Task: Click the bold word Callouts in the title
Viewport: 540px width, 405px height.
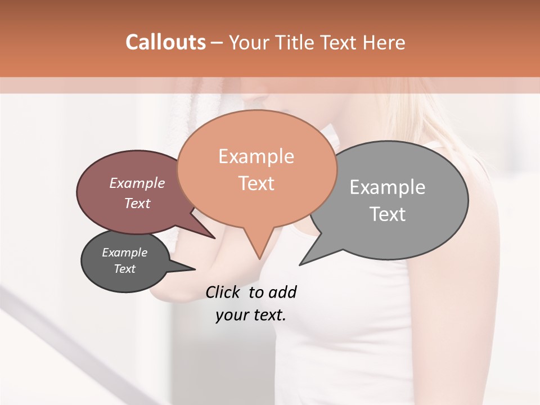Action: pos(165,42)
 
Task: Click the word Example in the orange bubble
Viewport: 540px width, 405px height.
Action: pos(256,156)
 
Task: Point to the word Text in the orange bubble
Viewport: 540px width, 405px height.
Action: pos(256,183)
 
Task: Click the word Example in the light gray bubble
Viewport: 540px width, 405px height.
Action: pos(387,187)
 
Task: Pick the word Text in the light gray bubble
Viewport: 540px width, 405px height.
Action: pos(387,214)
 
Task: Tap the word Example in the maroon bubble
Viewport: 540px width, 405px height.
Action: pos(137,183)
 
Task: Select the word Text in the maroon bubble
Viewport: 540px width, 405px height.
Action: pos(137,203)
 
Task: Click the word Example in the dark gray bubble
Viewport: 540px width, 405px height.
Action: pos(124,253)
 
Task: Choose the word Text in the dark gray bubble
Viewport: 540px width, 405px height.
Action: pos(124,269)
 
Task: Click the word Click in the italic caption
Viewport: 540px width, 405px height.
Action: pos(223,292)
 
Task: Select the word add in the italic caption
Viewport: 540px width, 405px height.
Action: pos(282,292)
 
